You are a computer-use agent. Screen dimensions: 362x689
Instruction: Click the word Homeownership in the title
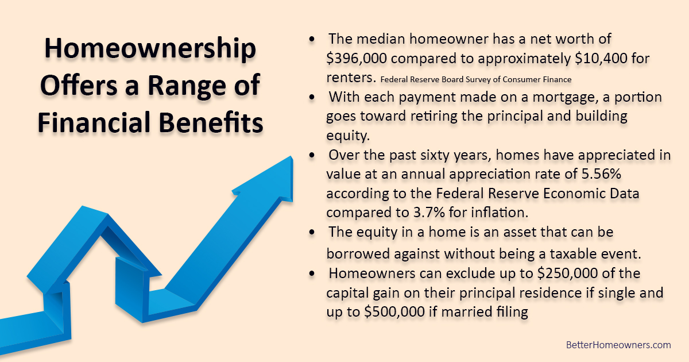[150, 49]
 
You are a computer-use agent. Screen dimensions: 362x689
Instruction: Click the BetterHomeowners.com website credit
[618, 345]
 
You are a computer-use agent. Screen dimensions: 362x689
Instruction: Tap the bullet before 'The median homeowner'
[311, 40]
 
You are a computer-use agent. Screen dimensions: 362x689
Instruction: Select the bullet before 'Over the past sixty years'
[311, 156]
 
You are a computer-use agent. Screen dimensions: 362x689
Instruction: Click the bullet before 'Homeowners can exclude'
[311, 274]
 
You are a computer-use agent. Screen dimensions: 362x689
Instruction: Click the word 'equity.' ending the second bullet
[347, 135]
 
